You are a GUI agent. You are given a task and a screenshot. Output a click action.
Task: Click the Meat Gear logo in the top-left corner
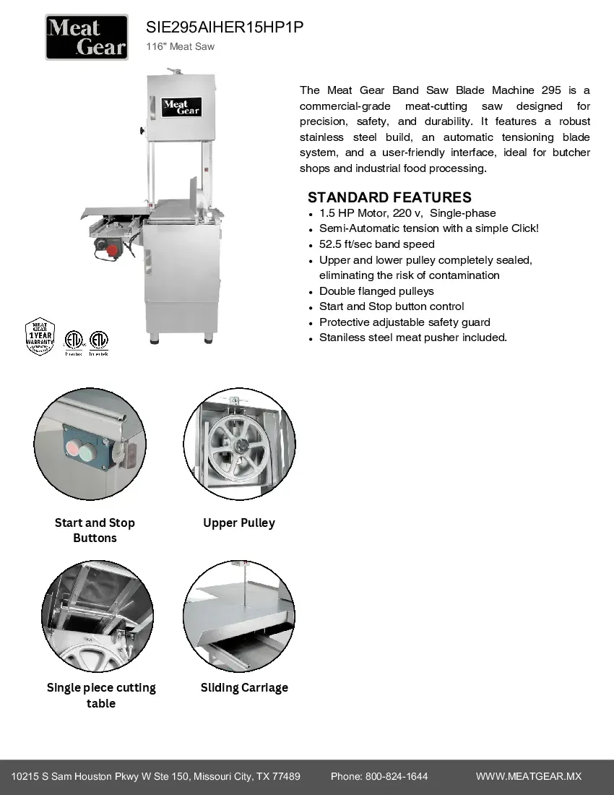87,38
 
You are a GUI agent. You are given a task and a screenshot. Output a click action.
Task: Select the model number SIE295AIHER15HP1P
225,27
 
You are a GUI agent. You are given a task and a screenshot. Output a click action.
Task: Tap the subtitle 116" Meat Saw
181,47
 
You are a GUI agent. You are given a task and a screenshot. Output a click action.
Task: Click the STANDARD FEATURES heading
389,197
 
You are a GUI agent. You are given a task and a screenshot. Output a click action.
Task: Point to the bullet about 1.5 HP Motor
407,213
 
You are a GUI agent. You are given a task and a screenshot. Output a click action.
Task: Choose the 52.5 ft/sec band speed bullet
377,244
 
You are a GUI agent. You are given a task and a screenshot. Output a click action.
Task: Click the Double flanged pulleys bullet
376,291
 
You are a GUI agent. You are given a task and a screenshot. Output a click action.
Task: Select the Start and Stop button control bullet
392,306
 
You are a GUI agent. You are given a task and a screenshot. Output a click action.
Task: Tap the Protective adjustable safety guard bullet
405,322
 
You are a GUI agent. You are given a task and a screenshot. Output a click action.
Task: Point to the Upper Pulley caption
239,523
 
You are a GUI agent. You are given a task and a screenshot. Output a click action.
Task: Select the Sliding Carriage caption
244,687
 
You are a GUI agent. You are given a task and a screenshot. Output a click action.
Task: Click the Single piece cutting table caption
101,695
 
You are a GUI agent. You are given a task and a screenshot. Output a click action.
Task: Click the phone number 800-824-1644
397,776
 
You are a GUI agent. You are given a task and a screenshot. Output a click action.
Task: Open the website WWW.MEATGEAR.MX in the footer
528,776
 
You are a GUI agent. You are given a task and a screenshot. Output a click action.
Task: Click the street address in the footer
156,776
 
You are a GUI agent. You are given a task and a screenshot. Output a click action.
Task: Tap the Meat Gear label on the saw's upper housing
181,108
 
